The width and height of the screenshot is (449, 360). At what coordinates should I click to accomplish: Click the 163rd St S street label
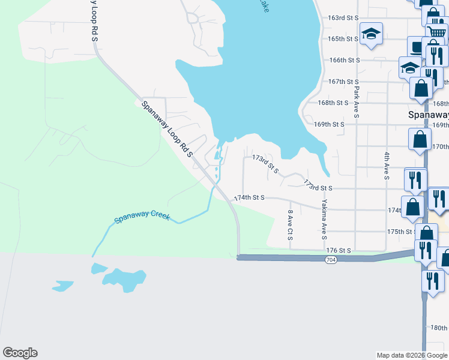(342, 18)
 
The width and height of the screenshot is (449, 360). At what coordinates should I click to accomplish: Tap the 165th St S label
(343, 39)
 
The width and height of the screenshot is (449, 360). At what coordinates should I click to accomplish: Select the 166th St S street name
(344, 60)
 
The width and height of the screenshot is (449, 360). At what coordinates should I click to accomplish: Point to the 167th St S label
(343, 82)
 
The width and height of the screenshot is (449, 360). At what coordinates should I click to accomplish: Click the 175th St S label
(402, 232)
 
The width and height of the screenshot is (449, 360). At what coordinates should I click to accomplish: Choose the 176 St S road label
(337, 250)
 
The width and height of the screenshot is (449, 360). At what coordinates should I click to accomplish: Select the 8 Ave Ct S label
(291, 225)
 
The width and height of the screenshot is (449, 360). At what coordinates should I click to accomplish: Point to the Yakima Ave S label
(324, 216)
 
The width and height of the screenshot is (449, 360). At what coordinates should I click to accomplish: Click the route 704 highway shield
(331, 260)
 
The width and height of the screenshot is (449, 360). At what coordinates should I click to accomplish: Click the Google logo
(20, 353)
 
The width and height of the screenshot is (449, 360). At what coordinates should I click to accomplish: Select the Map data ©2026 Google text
(411, 355)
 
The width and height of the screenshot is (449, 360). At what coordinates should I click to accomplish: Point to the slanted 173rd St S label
(266, 164)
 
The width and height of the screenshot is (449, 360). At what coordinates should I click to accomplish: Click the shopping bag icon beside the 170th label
(420, 139)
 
